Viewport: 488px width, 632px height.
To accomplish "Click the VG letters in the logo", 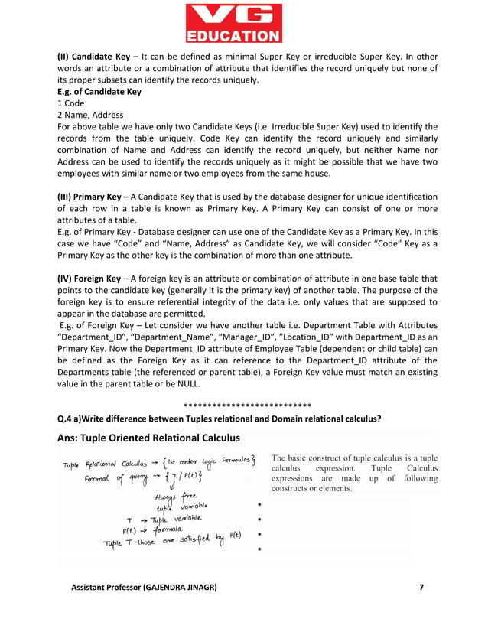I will click(x=243, y=15).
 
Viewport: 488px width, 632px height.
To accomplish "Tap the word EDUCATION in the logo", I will click(x=243, y=35).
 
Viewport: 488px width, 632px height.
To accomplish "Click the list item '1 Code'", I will click(x=71, y=103).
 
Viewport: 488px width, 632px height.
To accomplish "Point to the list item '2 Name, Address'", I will click(x=90, y=114).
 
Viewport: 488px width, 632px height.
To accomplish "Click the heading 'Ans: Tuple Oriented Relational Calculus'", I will click(x=148, y=438).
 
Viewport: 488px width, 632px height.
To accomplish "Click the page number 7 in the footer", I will click(x=421, y=587).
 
